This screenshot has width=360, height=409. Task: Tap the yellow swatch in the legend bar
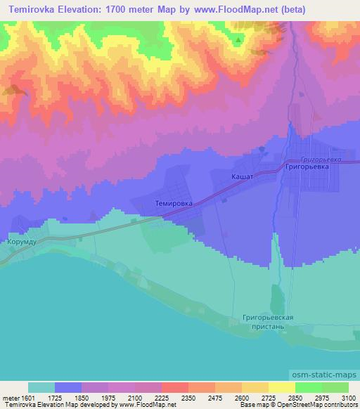click(x=281, y=387)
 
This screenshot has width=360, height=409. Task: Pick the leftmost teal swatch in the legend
click(x=41, y=387)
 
